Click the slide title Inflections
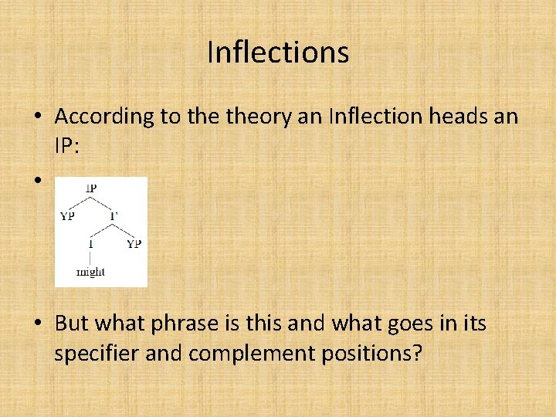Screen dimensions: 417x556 click(278, 53)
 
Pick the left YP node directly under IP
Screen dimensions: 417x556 click(67, 216)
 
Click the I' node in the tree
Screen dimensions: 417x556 click(114, 216)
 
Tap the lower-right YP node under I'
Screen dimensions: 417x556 click(134, 244)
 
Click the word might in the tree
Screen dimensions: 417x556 click(90, 272)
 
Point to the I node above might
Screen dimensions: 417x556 click(90, 244)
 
